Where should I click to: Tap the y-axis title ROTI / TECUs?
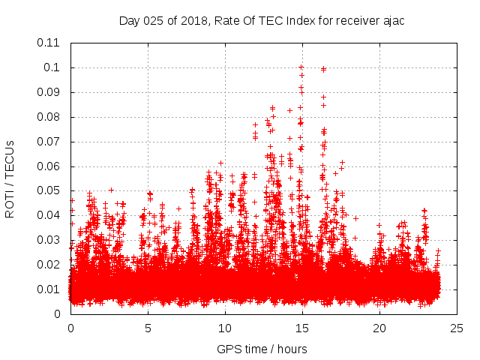10,179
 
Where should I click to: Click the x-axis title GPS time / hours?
262,349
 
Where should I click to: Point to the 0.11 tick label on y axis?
49,43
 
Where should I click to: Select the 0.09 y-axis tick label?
49,92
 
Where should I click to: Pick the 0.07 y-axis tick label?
49,141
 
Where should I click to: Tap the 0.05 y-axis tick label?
49,190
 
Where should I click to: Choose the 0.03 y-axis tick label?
49,240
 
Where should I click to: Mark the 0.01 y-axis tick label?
49,289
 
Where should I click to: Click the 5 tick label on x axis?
148,328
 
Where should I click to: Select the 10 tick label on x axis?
225,328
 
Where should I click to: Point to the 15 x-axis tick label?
302,328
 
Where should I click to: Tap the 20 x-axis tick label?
379,328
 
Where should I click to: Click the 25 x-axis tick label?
457,328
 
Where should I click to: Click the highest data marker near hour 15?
301,67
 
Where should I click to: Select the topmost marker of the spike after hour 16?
323,69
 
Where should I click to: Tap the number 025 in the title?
153,20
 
